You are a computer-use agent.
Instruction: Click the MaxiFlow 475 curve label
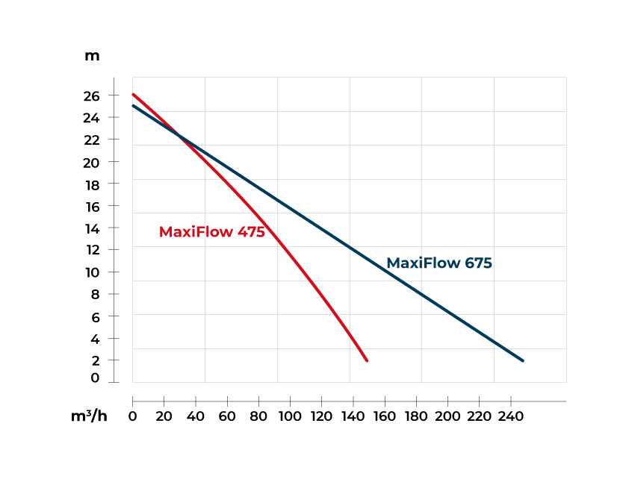click(212, 232)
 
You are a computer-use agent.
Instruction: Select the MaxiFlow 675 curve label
click(439, 263)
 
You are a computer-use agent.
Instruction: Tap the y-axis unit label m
click(92, 56)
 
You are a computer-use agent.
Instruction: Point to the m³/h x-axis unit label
click(89, 416)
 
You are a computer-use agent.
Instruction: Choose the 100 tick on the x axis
click(290, 416)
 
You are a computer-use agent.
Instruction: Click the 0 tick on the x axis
click(133, 416)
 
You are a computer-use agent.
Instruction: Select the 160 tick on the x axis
click(385, 416)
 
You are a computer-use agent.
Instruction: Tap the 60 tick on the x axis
click(227, 416)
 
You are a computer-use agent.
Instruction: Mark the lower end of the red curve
click(367, 360)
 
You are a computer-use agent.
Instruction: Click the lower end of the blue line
click(522, 360)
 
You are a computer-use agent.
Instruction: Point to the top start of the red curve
click(133, 95)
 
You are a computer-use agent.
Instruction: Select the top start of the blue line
click(133, 106)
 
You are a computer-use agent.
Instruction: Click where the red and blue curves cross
click(179, 135)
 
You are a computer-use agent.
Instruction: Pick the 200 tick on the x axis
click(448, 416)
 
